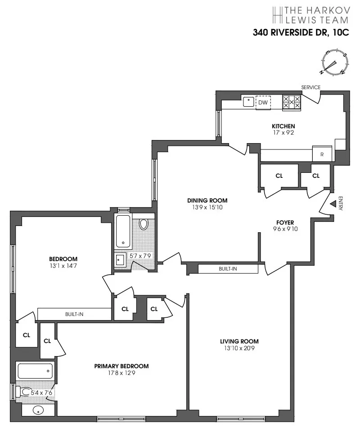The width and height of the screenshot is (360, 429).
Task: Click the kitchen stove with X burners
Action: tap(291, 103)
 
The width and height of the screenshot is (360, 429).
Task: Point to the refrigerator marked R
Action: tap(322, 154)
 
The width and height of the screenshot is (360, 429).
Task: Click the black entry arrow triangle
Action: tap(333, 204)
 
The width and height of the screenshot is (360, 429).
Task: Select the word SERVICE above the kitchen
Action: tap(310, 87)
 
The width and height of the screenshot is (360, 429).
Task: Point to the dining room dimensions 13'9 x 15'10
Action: tap(207, 208)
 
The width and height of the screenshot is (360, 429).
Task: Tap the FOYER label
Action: tap(285, 222)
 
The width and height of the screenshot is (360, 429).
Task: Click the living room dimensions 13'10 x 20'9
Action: tap(239, 348)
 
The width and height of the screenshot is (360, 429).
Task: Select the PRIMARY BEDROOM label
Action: tap(121, 366)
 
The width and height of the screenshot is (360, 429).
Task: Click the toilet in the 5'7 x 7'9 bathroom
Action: tap(144, 224)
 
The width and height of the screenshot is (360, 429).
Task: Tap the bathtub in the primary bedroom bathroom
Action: tap(35, 371)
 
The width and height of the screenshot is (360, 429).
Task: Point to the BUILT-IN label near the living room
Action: tap(228, 269)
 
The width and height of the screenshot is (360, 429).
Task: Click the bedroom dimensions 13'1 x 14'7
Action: tap(63, 266)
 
